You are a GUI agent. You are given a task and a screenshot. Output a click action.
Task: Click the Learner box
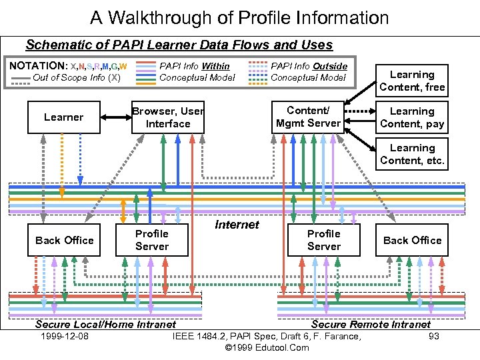tap(64, 117)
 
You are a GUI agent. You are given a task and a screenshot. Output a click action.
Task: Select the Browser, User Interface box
tap(167, 117)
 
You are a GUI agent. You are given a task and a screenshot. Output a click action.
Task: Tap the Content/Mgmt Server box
tap(308, 117)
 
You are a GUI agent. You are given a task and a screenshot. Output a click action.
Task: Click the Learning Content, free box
tap(412, 81)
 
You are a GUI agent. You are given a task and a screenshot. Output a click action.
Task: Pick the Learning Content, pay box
tap(412, 117)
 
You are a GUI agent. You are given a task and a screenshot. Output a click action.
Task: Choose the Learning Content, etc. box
tap(412, 154)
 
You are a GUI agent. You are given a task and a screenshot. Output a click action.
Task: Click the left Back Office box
tap(64, 240)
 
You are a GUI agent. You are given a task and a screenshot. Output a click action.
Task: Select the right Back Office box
tap(412, 240)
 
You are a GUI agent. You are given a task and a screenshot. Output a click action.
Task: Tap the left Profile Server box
tap(152, 240)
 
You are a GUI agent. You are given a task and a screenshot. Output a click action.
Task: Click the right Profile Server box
tap(324, 240)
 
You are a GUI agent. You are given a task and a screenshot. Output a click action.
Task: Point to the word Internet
tap(237, 225)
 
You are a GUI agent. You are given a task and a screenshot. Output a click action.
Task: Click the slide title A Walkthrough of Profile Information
tap(239, 17)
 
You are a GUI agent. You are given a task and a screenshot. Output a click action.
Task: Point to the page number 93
tap(434, 336)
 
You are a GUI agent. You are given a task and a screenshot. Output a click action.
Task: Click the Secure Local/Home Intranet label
tap(105, 325)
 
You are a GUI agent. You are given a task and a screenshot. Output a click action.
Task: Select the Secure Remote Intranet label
tap(371, 325)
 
